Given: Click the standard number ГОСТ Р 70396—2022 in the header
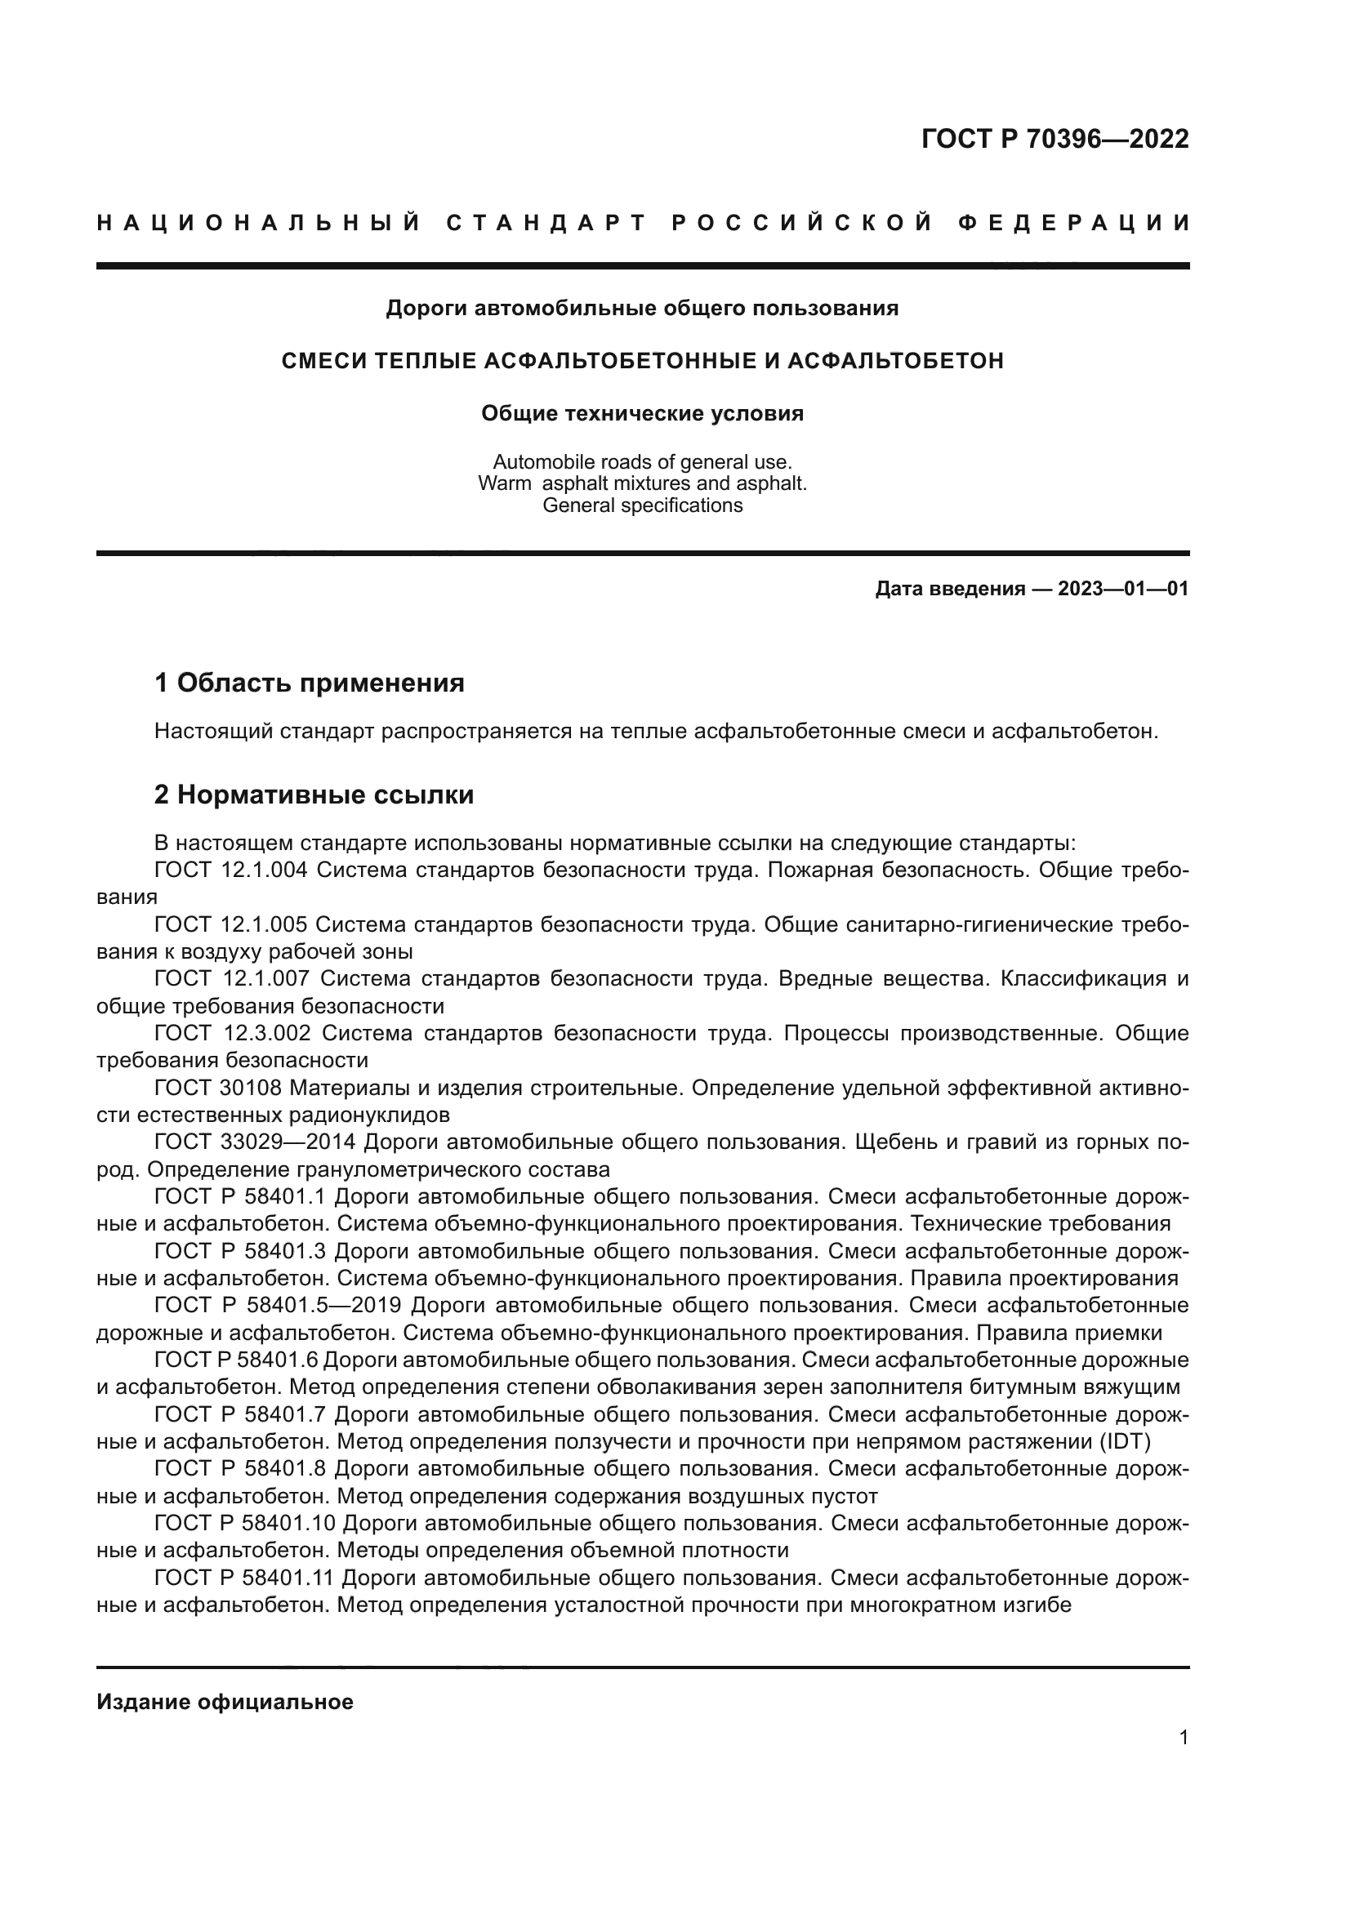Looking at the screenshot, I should click(1054, 139).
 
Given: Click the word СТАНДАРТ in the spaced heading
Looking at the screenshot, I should click(546, 223).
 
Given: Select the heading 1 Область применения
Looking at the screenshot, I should click(309, 683).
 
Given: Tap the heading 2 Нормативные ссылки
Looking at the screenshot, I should click(314, 795).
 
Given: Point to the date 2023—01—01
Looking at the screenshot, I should click(1122, 589).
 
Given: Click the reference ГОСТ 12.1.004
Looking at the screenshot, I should click(230, 870).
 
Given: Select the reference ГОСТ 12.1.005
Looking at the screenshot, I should click(230, 924).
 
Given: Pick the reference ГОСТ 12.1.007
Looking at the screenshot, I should click(231, 978).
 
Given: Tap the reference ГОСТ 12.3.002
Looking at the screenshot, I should click(232, 1033).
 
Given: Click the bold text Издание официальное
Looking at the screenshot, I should click(225, 1702).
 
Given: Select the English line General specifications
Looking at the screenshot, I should click(642, 505).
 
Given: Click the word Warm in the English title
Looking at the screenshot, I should click(504, 483).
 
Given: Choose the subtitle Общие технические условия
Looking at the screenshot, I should click(642, 413).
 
